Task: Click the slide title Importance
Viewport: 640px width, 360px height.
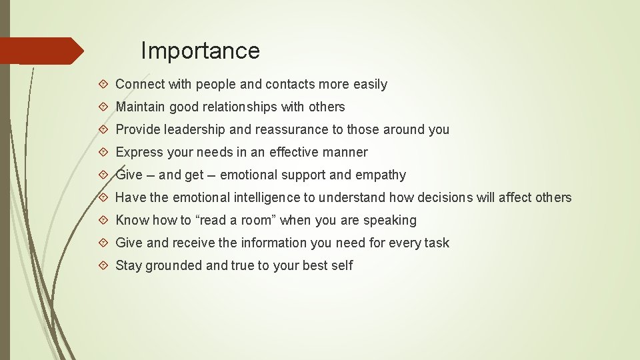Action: [x=200, y=51]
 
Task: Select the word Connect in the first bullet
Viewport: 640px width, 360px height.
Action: [x=140, y=85]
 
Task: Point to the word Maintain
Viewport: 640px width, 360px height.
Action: [x=141, y=107]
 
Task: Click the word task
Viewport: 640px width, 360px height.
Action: [x=436, y=243]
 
